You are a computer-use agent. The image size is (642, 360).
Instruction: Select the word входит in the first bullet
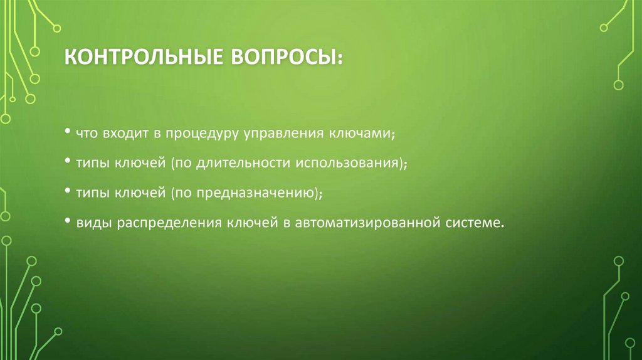coord(124,134)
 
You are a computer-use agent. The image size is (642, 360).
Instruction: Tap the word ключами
coord(365,134)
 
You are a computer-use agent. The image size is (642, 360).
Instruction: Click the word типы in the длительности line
coord(93,164)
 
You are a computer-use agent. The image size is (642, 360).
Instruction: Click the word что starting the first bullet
coord(87,134)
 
